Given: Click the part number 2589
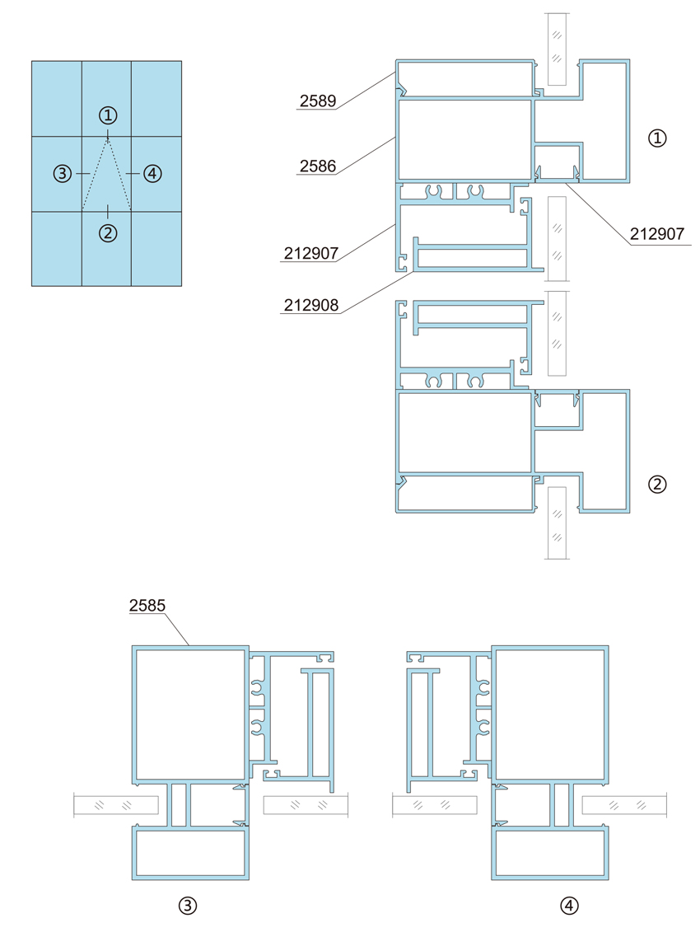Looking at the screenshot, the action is point(318,101).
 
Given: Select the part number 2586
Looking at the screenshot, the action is point(318,166).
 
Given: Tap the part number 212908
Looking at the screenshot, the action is point(311,305).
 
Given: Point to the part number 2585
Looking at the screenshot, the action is point(147,605).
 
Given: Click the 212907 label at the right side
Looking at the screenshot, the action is point(657,234).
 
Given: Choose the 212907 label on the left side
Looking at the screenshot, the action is point(311,253).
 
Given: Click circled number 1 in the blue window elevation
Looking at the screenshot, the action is point(108,115).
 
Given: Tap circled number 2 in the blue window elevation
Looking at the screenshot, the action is point(108,233).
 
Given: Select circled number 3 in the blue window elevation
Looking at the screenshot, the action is point(63,174).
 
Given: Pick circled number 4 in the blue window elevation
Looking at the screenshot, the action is point(152,174).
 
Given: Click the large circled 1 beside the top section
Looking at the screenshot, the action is point(657,138).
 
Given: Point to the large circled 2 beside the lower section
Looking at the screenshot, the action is point(657,485).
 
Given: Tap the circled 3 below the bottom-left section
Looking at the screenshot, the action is point(187,906).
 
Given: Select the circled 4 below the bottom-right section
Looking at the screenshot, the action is point(568,906).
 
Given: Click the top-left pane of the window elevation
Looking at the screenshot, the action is point(57,99).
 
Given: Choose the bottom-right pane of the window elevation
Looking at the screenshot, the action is point(156,249).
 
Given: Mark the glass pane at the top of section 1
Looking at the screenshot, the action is point(557,49).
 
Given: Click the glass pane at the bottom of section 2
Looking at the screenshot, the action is point(557,522).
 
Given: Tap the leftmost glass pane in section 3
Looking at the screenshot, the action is point(116,805).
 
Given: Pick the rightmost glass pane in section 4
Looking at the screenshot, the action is point(624,805).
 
